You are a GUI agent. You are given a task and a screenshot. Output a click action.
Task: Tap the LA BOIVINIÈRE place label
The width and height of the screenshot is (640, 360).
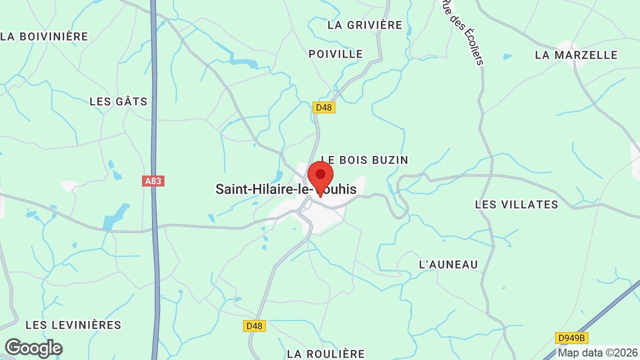tap(44, 36)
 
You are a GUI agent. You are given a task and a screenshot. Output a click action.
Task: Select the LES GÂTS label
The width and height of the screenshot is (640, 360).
tap(118, 101)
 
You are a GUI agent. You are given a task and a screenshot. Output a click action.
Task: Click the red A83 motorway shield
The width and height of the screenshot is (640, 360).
tap(153, 181)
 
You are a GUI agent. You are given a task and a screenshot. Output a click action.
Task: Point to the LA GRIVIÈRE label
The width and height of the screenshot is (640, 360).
tap(365, 25)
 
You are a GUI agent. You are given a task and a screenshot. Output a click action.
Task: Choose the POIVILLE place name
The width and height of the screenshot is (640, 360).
tap(335, 54)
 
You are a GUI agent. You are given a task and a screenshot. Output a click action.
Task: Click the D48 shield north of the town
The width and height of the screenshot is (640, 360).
tap(324, 107)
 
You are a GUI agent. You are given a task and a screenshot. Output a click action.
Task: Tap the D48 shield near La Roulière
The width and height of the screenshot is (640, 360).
tap(254, 326)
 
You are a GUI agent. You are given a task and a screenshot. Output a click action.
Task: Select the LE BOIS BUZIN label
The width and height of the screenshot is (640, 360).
tap(364, 160)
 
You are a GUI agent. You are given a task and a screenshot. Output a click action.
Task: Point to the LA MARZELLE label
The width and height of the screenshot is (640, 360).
tap(576, 55)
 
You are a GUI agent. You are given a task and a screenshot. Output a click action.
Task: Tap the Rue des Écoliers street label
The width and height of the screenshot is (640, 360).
tap(462, 32)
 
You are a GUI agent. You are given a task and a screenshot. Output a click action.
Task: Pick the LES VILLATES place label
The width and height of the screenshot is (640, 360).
tap(516, 204)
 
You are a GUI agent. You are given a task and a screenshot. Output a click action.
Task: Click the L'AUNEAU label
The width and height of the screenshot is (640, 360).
tap(448, 264)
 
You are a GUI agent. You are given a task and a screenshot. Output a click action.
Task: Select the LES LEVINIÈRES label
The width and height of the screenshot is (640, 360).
tap(73, 325)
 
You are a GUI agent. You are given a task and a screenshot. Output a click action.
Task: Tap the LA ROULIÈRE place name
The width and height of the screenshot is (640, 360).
tap(326, 354)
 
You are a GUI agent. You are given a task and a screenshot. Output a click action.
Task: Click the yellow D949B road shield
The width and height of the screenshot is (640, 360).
tap(571, 338)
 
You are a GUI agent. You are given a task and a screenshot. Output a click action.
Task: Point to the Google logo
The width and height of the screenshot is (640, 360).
tap(33, 348)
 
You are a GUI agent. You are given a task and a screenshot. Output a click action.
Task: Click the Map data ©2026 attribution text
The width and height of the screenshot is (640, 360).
tap(598, 353)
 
